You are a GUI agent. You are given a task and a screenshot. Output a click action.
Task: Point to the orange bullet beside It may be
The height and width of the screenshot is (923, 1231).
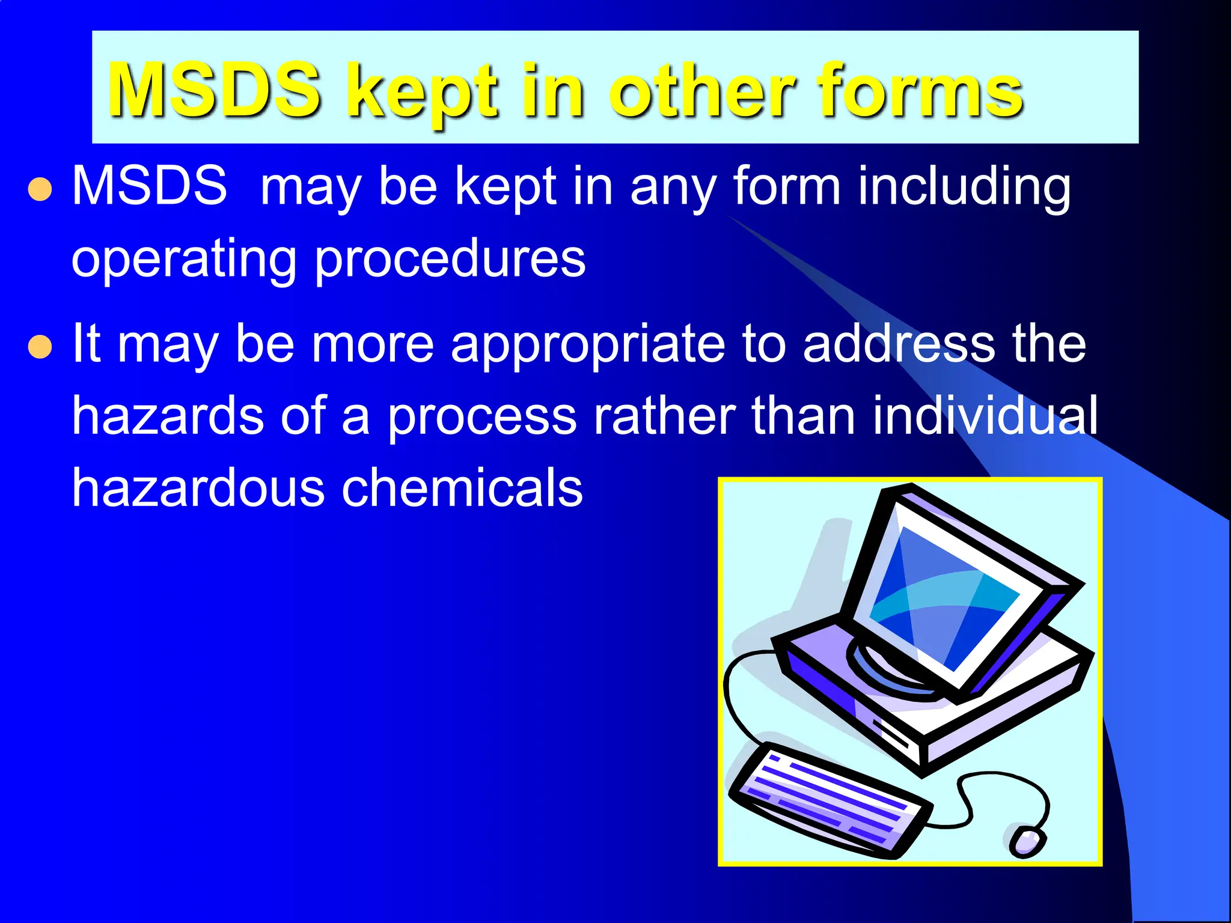tap(40, 347)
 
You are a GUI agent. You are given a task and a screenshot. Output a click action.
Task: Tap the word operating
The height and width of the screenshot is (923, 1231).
tap(184, 259)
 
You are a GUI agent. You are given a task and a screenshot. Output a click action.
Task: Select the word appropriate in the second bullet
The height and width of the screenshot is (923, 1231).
tap(588, 345)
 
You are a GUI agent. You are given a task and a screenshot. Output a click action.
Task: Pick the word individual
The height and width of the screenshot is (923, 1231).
tap(985, 416)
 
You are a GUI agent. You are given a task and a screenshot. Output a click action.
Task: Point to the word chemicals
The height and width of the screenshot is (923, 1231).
tap(462, 487)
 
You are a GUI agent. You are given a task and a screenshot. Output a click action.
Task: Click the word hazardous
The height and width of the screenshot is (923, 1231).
tap(198, 487)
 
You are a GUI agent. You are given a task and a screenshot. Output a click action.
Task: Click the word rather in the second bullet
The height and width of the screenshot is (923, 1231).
tap(664, 416)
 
